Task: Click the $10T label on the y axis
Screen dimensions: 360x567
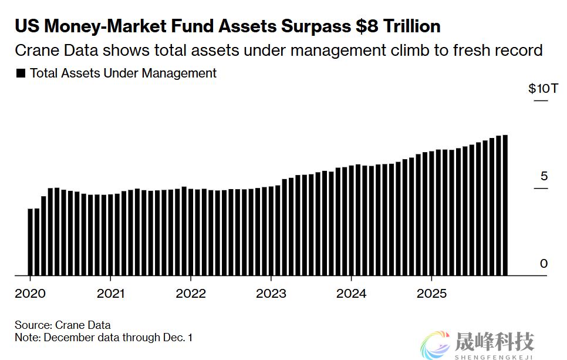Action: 539,89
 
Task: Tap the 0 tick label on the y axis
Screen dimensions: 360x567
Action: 544,264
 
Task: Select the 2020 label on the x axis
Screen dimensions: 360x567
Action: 30,293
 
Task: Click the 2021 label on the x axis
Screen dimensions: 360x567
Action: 110,293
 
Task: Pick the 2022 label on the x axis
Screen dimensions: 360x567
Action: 191,293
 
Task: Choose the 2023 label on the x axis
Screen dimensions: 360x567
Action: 271,293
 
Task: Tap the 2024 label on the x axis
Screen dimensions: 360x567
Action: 352,293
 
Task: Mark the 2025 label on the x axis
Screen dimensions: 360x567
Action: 431,293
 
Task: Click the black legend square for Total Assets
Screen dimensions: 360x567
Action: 21,74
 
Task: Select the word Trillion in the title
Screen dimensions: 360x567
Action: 411,26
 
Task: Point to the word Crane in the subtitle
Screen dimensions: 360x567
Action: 35,51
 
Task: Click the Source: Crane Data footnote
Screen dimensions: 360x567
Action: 63,325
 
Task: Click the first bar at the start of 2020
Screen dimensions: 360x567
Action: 31,241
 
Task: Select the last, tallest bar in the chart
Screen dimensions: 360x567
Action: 505,205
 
